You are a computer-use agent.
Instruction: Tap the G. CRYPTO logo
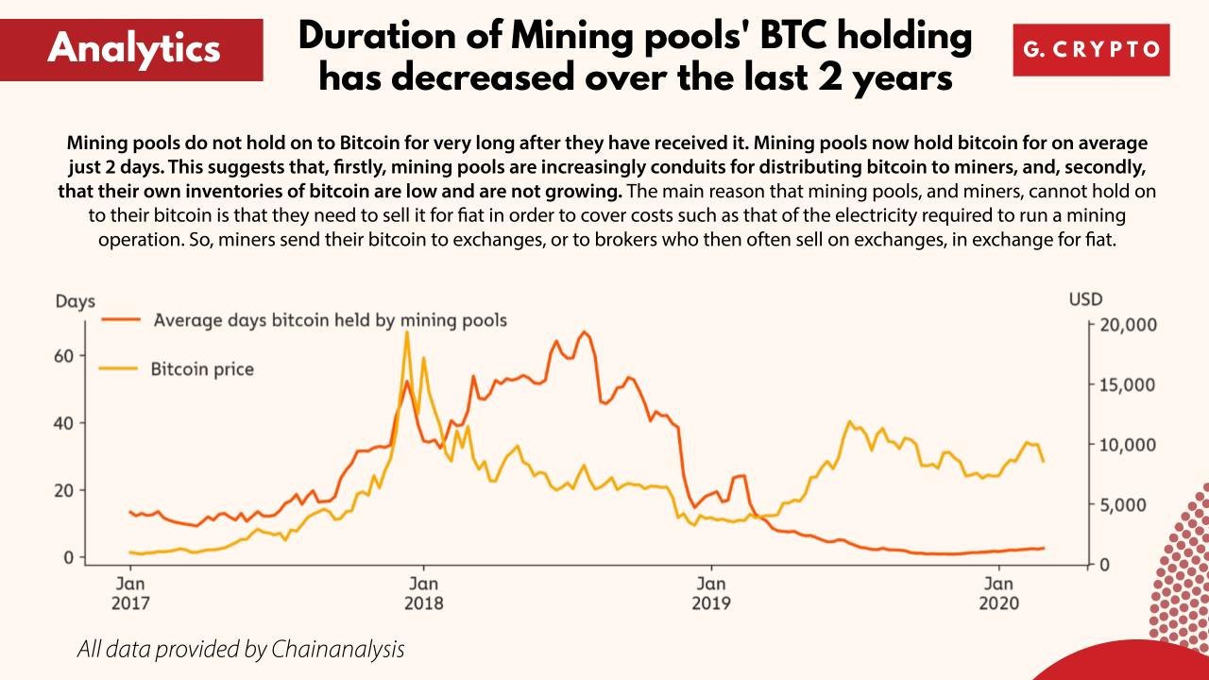tap(1091, 49)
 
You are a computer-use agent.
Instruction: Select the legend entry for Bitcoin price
tap(202, 368)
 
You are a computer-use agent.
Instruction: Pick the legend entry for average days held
tap(330, 320)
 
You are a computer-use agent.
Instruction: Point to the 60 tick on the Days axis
tap(63, 356)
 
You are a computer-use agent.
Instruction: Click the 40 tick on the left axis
tap(63, 423)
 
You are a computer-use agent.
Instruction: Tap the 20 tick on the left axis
tap(63, 490)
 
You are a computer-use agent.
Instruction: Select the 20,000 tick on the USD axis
tap(1130, 325)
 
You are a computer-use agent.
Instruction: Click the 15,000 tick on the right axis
tap(1130, 384)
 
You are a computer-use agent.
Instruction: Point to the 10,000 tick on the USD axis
tap(1130, 445)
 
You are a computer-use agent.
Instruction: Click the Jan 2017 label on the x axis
tap(130, 592)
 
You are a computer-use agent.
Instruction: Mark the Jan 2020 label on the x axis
tap(999, 592)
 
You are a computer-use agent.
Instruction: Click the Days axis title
tap(75, 302)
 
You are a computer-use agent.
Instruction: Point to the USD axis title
tap(1085, 299)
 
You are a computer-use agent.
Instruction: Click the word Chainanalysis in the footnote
tap(337, 650)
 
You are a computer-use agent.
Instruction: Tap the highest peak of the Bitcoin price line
tap(406, 332)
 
